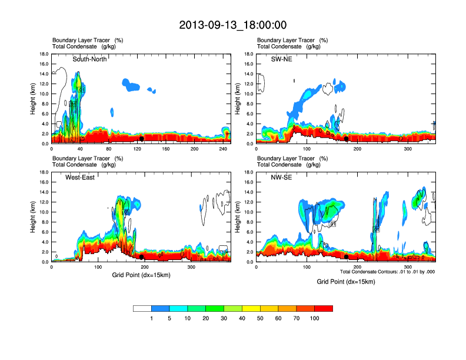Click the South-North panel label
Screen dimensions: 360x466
tap(90, 59)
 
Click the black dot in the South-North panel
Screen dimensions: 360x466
tap(142, 139)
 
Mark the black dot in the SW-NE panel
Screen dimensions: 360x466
tap(347, 139)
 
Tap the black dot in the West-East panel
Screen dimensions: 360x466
tap(142, 257)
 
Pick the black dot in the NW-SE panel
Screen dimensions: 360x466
tap(347, 257)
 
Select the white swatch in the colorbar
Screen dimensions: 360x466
tap(142, 308)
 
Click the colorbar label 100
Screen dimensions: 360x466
tap(315, 318)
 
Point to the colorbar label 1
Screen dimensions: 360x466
tap(152, 318)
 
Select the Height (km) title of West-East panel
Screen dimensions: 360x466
tap(34, 217)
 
